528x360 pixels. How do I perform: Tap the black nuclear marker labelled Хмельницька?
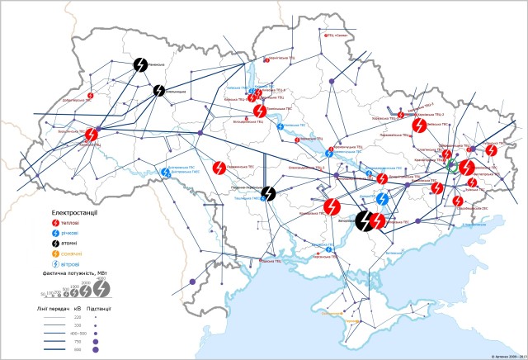point(159,90)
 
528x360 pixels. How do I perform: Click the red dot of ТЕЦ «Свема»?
point(325,59)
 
